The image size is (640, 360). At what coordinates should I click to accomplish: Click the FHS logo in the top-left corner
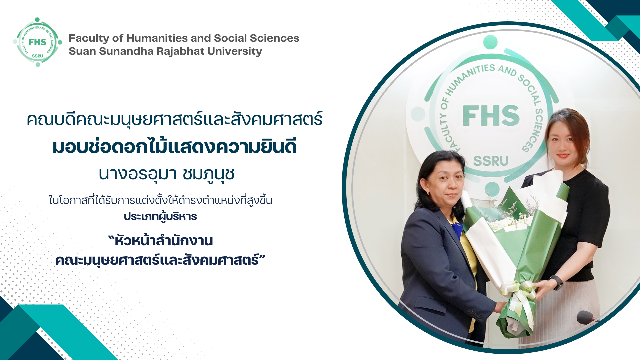(37, 42)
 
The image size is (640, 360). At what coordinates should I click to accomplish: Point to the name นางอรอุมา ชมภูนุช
(167, 174)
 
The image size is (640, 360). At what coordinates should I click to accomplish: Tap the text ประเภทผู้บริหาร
(160, 217)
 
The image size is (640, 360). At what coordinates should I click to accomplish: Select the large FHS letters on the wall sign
(491, 116)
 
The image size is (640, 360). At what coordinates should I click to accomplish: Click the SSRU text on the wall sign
(491, 161)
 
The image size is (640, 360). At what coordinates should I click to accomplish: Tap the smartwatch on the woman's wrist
(556, 282)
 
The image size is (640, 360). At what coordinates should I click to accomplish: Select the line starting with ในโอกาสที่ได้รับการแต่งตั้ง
(160, 200)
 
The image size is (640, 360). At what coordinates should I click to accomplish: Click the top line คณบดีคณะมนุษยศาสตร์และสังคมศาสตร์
(175, 119)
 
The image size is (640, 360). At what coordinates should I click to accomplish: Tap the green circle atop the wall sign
(490, 42)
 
